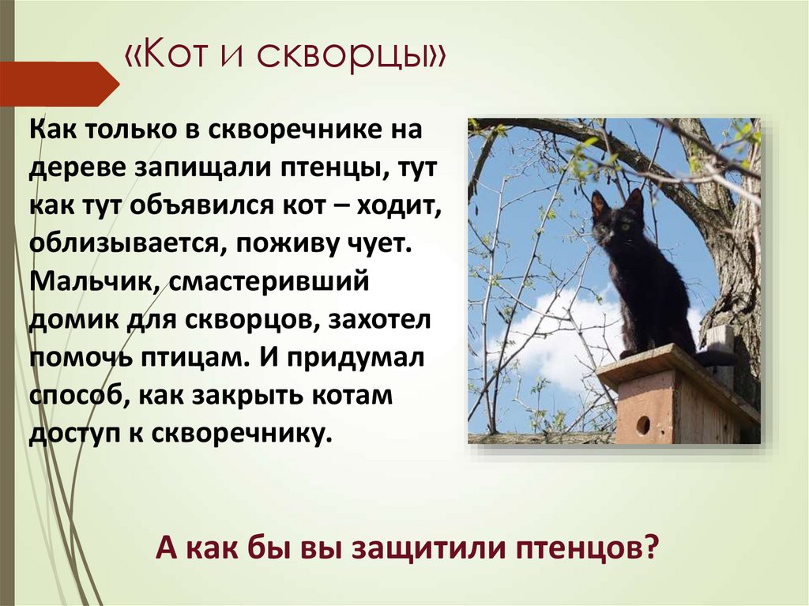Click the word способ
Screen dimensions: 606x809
click(75, 395)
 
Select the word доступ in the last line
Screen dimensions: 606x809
click(73, 433)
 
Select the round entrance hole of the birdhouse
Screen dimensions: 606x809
click(642, 425)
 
